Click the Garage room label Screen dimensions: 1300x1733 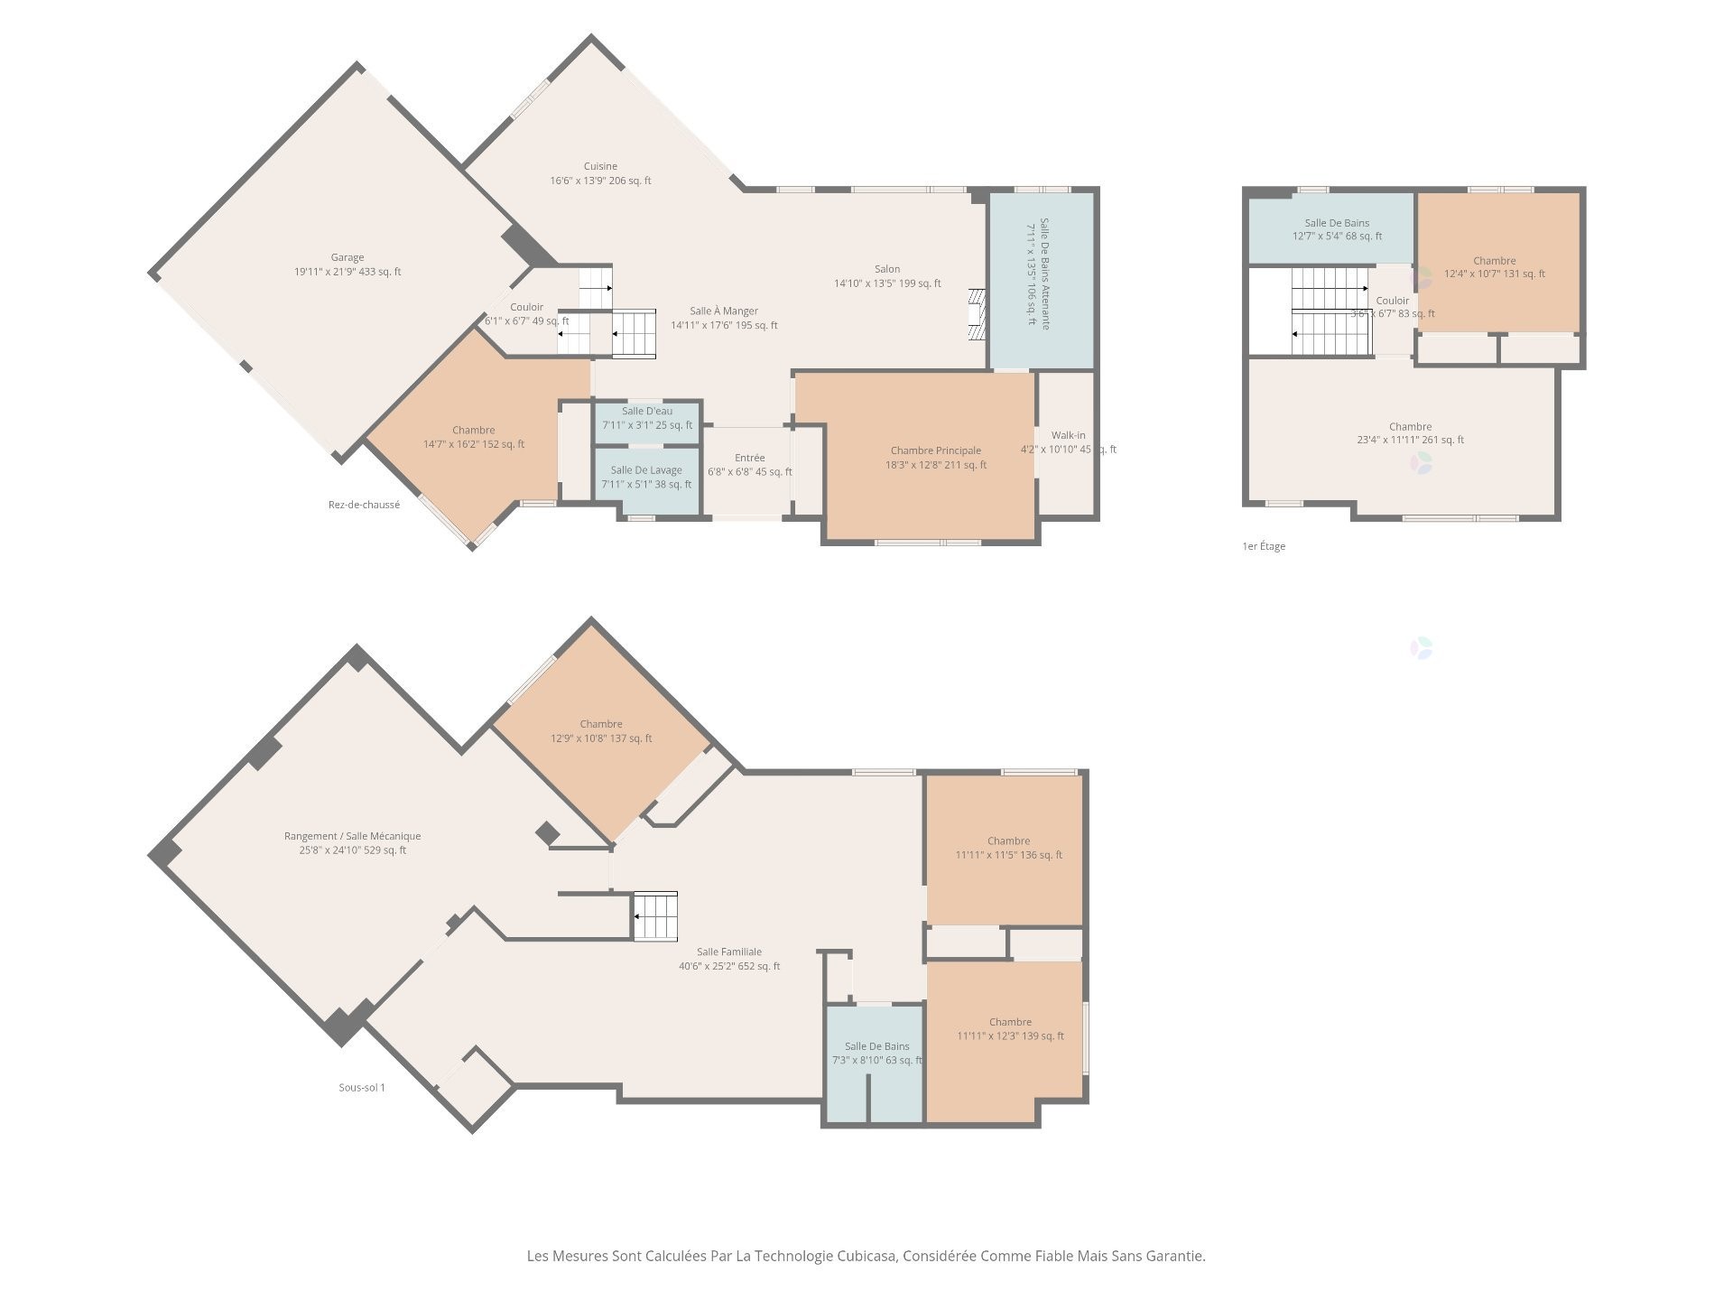coord(348,265)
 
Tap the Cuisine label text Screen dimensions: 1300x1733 coord(600,166)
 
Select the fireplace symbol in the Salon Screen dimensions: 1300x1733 coord(976,314)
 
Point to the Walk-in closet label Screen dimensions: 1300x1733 coord(1068,436)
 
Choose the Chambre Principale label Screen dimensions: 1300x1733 coord(935,451)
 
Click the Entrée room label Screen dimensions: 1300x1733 coord(749,459)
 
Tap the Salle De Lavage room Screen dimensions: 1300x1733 coord(646,477)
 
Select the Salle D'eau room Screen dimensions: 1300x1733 coord(646,418)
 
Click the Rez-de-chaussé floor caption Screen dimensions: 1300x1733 coord(364,506)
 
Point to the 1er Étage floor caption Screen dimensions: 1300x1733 coord(1264,546)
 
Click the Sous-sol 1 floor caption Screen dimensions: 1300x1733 coord(362,1088)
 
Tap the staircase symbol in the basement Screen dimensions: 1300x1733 coord(655,915)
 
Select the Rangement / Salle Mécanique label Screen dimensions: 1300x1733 coord(352,836)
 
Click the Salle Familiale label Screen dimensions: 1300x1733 coord(729,952)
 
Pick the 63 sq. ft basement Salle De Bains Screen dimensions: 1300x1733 coord(876,1054)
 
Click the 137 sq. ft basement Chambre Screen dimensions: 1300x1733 coord(601,731)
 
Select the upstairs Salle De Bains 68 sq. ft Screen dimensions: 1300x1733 coord(1337,229)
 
